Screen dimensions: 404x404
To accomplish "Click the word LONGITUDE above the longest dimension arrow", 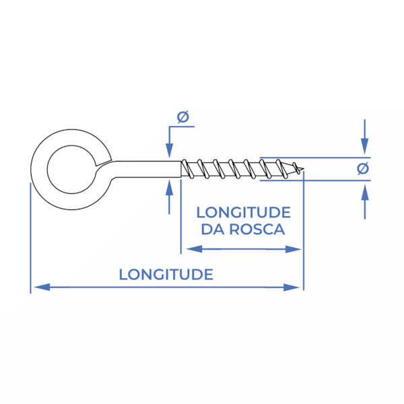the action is (x=166, y=275).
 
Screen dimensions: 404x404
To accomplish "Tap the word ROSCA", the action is (x=257, y=230).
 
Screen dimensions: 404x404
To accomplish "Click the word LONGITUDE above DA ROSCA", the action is (x=244, y=213).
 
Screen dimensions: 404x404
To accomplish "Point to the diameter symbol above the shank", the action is (x=183, y=117).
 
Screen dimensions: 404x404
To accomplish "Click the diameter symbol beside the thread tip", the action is (x=363, y=168).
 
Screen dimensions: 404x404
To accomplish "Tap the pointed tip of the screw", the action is (x=304, y=169).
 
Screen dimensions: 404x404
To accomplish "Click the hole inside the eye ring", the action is (x=72, y=169).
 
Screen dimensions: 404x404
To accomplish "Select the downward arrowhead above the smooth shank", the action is (x=169, y=150).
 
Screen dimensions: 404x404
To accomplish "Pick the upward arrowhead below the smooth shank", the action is (x=169, y=187).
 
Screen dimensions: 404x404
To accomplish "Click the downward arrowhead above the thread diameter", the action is (x=364, y=146).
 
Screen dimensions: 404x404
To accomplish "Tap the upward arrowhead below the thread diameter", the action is (x=364, y=192).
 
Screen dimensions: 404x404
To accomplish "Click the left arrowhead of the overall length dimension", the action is (x=42, y=287).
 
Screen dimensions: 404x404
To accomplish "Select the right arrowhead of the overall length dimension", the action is (x=292, y=288).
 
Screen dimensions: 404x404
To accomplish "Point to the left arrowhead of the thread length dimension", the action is (x=194, y=249).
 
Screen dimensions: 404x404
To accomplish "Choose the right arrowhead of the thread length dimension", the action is (x=293, y=249).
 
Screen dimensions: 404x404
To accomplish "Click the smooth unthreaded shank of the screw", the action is (x=147, y=169).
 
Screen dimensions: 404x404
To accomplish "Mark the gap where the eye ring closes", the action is (x=104, y=163).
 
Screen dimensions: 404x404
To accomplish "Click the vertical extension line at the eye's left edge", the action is (x=30, y=238).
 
